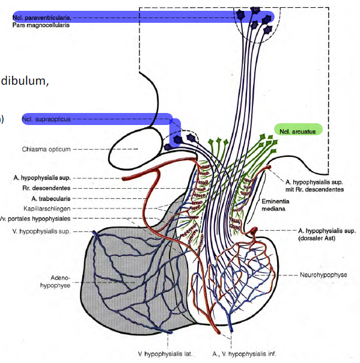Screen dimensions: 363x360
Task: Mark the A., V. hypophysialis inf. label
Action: pos(243,353)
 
